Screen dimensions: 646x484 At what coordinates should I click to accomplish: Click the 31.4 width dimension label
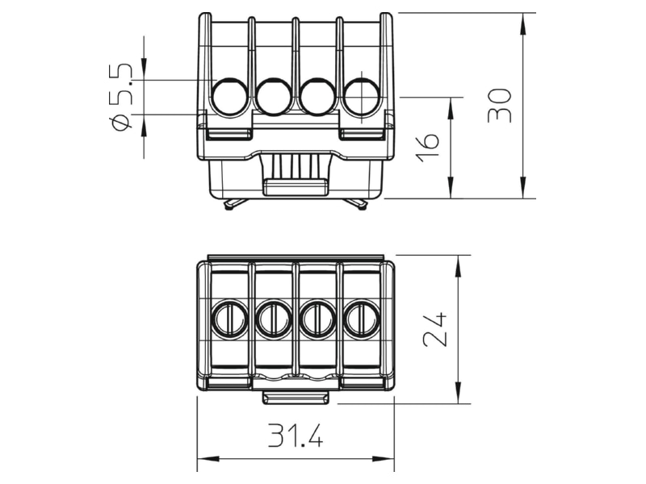click(296, 435)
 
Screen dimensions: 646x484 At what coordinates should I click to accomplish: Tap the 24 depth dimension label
click(435, 329)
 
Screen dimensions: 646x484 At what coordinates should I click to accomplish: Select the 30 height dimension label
click(499, 106)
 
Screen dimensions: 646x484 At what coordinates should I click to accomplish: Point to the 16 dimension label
click(427, 147)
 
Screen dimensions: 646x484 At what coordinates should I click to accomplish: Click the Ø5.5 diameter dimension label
click(120, 97)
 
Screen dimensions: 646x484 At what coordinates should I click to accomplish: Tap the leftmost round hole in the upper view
click(230, 96)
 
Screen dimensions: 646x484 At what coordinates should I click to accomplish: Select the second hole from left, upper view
click(275, 96)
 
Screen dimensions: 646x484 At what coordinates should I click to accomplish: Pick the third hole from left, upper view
click(318, 96)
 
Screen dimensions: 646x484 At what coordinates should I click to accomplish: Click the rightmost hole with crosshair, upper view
click(361, 96)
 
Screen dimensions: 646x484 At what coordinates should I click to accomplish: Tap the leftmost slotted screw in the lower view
click(229, 319)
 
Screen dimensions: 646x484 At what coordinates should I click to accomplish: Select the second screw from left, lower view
click(274, 319)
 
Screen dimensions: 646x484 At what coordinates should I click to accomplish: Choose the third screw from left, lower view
click(317, 319)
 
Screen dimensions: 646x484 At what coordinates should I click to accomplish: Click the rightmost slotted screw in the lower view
click(362, 319)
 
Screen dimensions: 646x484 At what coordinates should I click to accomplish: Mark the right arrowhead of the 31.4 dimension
click(384, 458)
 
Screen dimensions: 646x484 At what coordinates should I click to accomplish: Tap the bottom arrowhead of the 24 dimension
click(458, 393)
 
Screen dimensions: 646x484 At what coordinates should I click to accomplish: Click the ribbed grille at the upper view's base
click(296, 166)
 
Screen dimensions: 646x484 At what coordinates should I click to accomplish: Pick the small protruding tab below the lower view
click(296, 398)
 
